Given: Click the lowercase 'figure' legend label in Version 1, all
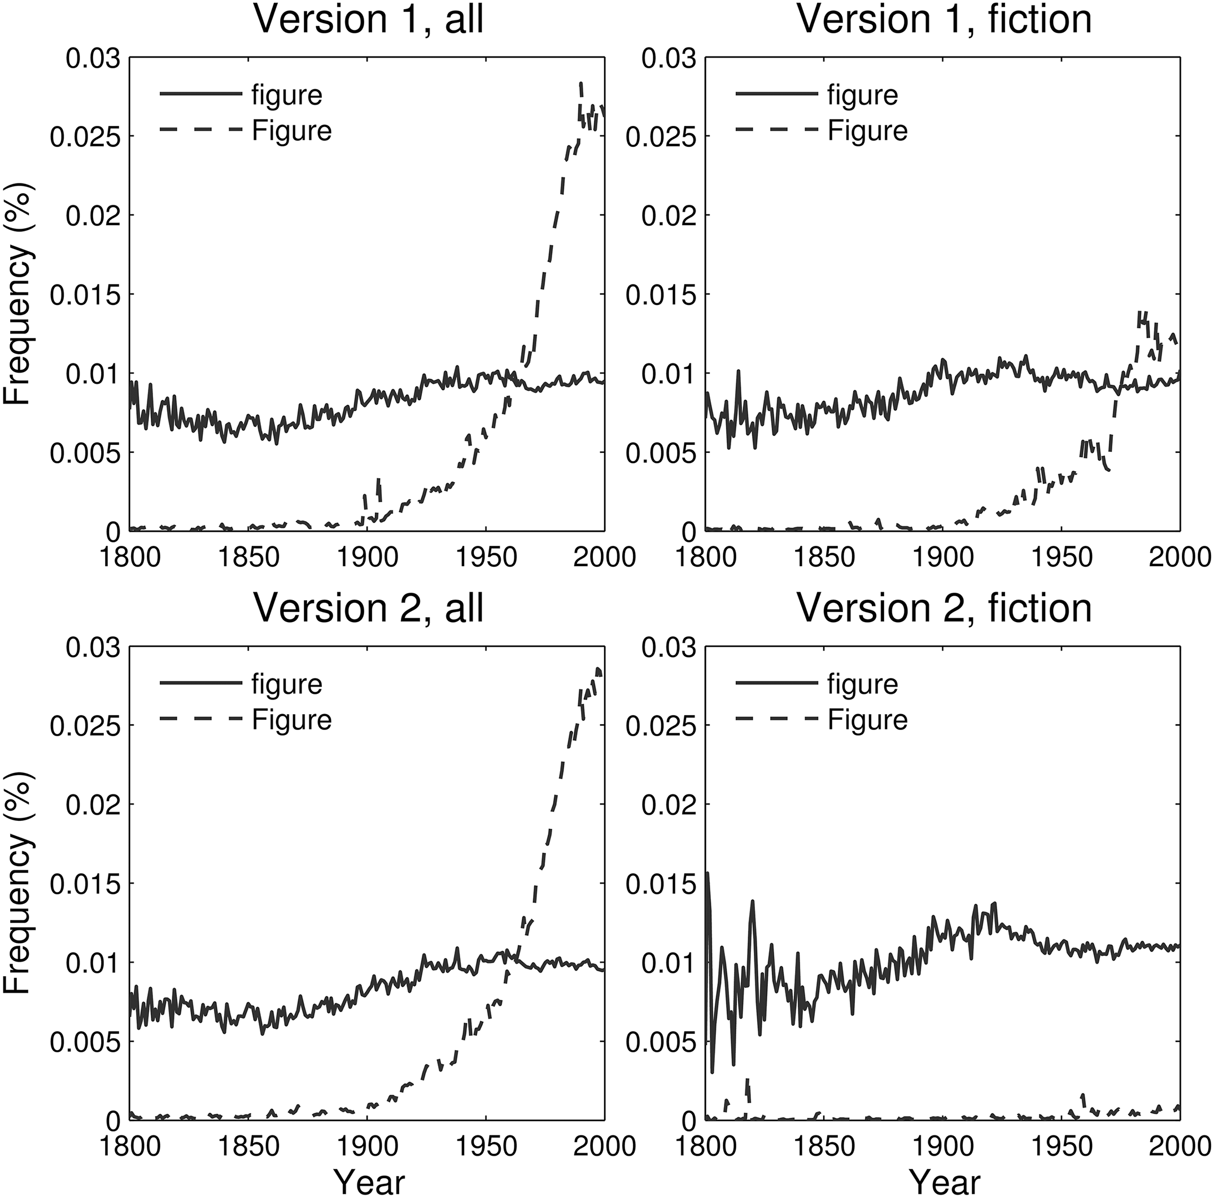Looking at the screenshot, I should [x=286, y=95].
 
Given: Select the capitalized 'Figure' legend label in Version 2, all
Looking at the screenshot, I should [x=291, y=719].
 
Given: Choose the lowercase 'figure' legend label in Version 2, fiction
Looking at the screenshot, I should [x=862, y=684].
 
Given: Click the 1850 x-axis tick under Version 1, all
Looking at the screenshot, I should [x=248, y=558].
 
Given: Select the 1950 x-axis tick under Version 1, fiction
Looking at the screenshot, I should [x=1062, y=558].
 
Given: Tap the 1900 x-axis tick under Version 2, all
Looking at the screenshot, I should [x=367, y=1145].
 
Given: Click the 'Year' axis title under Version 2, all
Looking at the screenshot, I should [x=368, y=1177].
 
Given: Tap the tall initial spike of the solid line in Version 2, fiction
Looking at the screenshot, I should [x=708, y=875].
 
